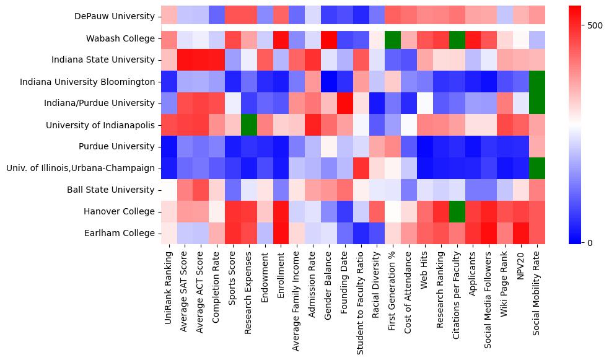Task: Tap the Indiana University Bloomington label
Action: [x=87, y=82]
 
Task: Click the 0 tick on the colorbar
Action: [x=589, y=242]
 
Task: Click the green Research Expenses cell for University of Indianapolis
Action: [x=248, y=125]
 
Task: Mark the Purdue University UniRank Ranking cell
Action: [x=168, y=146]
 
